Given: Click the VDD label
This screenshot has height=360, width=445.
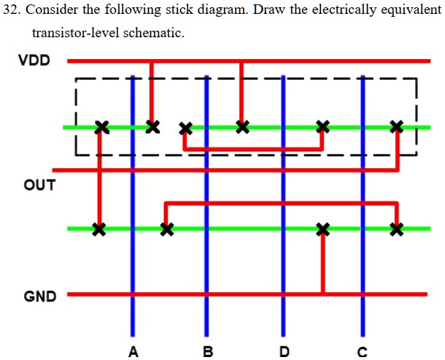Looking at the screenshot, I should coord(34,60).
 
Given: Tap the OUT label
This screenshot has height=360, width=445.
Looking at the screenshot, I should coord(39,185).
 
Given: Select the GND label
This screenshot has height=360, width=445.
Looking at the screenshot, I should coord(39,296).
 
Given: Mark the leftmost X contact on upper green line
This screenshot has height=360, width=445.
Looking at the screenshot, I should coord(101,127).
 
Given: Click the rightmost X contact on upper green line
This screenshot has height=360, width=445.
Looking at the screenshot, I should coord(396,127).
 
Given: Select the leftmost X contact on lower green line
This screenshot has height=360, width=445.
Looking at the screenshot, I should coord(99,229).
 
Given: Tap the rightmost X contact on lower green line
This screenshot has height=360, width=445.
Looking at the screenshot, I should coord(396,229).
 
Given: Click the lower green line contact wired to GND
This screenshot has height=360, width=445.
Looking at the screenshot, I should coord(322,229).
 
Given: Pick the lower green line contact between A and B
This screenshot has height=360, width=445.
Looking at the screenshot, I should coord(167,229).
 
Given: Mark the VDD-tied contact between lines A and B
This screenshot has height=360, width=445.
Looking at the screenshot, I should coord(152,126).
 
